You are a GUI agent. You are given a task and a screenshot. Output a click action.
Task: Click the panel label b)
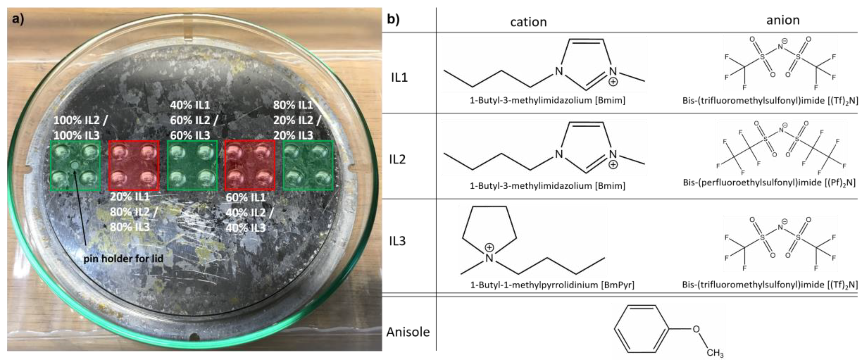click(x=393, y=19)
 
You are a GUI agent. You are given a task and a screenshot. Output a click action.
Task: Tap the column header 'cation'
click(x=528, y=22)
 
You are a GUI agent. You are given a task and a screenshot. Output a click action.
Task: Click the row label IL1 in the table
click(x=399, y=77)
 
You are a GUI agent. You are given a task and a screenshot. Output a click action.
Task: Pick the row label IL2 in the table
click(x=398, y=159)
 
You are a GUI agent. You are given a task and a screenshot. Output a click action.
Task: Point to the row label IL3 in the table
click(x=398, y=241)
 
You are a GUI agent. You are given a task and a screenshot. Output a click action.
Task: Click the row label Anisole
click(x=408, y=332)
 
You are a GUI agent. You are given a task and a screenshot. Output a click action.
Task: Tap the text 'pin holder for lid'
click(x=123, y=259)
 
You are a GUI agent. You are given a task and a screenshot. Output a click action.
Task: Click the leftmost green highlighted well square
click(x=75, y=166)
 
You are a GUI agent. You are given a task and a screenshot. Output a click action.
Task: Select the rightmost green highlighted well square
click(x=308, y=166)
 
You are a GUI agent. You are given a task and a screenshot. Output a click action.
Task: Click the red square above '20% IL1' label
click(x=133, y=166)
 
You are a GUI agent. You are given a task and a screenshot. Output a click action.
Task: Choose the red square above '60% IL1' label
click(x=250, y=166)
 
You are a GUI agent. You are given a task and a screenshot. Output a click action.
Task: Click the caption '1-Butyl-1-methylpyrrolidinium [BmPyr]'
click(x=552, y=285)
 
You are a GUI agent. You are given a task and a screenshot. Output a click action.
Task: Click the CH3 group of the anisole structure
click(x=715, y=353)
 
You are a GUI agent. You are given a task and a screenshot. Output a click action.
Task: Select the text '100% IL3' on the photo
click(x=76, y=136)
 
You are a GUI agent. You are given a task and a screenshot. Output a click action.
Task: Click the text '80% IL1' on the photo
click(x=292, y=105)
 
